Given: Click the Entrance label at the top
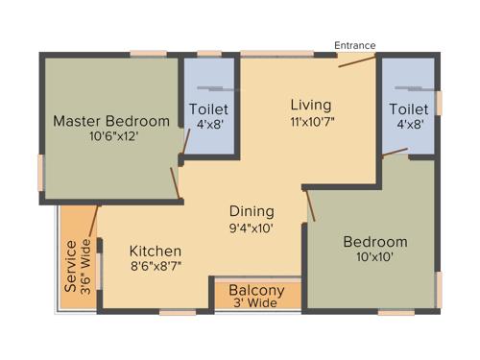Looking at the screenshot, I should pos(355,45).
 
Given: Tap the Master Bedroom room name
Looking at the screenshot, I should pos(110,122).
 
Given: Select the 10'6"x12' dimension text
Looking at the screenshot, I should pos(110,137).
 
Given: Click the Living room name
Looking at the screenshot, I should pos(311,105).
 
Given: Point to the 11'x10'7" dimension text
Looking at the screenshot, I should pos(311,122).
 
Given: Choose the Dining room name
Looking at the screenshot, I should pos(252,211).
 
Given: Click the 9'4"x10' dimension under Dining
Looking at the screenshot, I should pos(252,228).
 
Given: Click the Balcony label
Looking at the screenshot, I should pos(256,291).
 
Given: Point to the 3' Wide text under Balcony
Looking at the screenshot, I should pos(256,304).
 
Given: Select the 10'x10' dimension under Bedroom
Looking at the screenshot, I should pos(374,257).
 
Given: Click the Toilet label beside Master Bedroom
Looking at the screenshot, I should pos(208,108).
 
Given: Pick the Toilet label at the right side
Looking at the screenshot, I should pos(408,108).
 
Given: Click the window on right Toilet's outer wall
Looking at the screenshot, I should pos(439,102).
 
